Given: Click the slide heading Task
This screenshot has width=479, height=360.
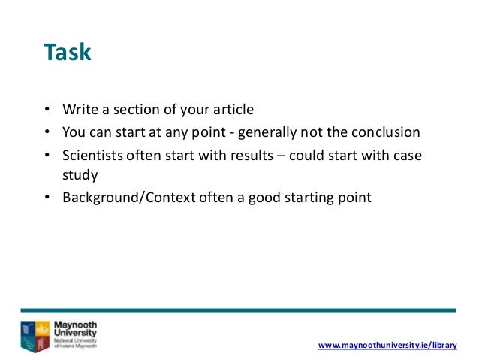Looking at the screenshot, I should pyautogui.click(x=67, y=53).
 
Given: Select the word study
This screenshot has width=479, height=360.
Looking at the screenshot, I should pyautogui.click(x=78, y=177).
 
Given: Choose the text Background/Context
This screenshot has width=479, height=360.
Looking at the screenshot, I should pyautogui.click(x=122, y=198).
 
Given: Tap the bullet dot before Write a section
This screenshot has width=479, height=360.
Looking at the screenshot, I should pyautogui.click(x=47, y=110).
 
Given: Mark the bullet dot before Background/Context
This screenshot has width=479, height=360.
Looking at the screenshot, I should pyautogui.click(x=47, y=199).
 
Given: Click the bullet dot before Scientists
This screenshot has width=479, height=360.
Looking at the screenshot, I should pyautogui.click(x=47, y=156).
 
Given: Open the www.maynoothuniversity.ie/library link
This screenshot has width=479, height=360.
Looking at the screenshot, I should pyautogui.click(x=387, y=344).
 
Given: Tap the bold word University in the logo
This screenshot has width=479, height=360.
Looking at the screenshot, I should pyautogui.click(x=75, y=333).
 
